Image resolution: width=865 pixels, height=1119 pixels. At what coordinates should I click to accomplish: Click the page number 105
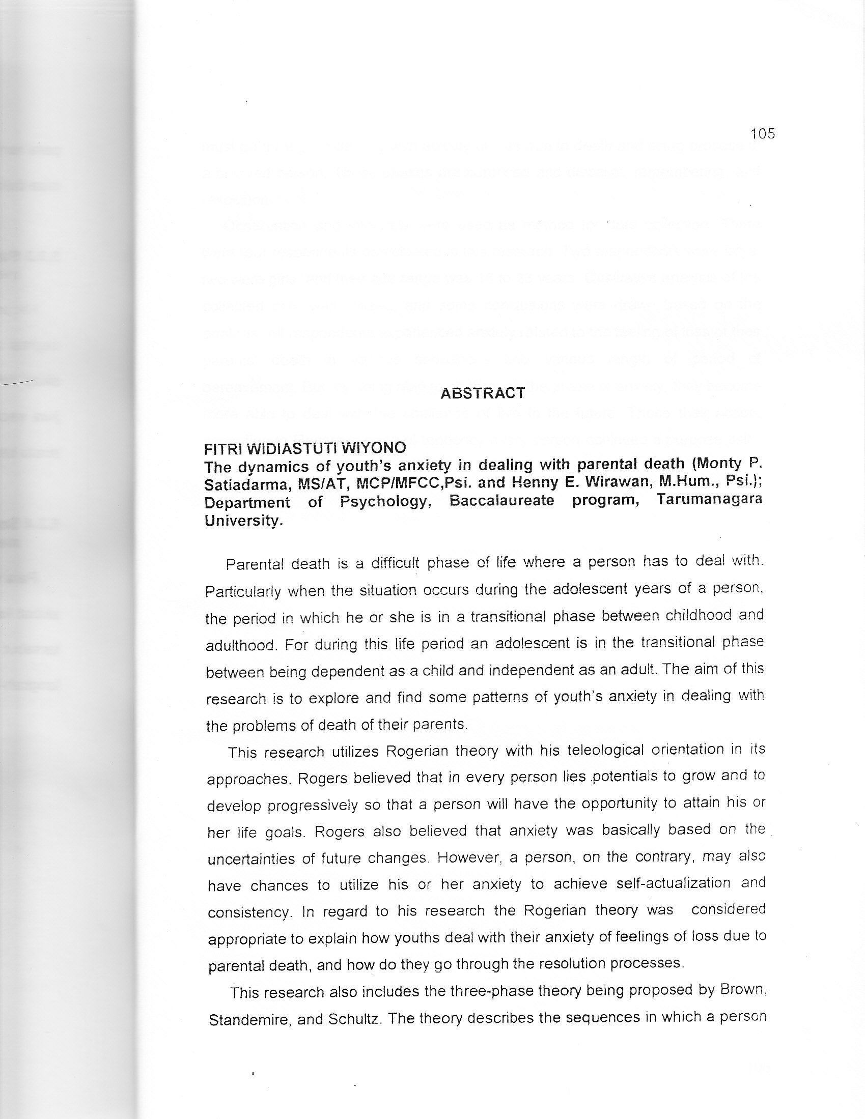point(763,134)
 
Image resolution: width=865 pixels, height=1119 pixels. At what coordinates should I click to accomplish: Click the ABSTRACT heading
point(483,393)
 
